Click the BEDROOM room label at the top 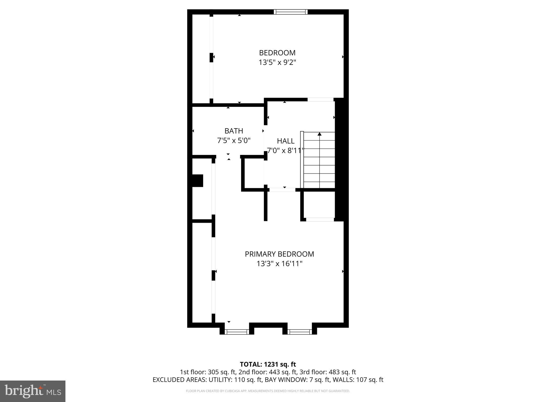[x=277, y=53]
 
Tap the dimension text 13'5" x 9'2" [x=277, y=63]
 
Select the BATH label [x=234, y=131]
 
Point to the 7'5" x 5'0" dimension [x=234, y=141]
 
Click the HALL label [x=286, y=141]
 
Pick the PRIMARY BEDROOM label [x=279, y=254]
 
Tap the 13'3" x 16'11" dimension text [x=279, y=264]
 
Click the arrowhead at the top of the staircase [x=319, y=134]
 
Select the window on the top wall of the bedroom [x=291, y=12]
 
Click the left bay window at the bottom [x=237, y=332]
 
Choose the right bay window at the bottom [x=299, y=332]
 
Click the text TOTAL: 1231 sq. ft [x=268, y=364]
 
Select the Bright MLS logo [x=32, y=391]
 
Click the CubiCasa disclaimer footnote [x=268, y=391]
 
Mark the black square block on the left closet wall [x=198, y=181]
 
